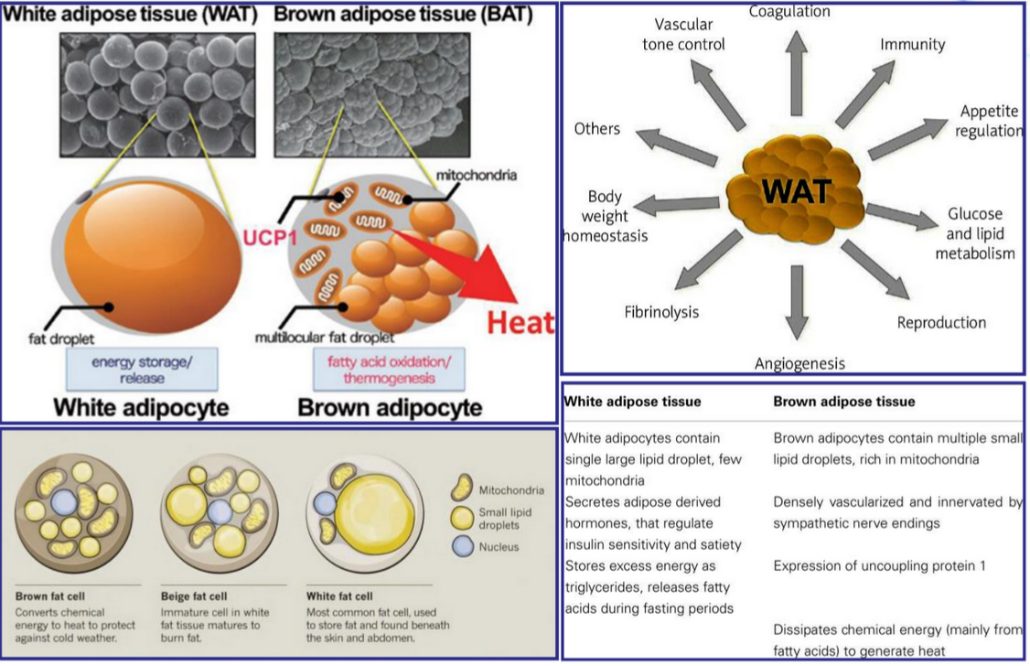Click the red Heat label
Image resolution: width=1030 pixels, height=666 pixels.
(520, 322)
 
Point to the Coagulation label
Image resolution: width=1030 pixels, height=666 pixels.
(789, 11)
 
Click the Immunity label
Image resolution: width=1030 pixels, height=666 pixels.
(912, 44)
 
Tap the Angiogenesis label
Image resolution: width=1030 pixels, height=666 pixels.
(799, 363)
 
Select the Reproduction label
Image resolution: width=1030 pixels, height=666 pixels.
(941, 322)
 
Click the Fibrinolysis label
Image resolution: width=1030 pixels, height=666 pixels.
(661, 312)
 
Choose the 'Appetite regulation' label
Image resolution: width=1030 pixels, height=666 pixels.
(990, 121)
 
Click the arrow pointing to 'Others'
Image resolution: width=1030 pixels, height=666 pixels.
(677, 147)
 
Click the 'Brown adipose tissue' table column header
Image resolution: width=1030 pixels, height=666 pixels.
(843, 401)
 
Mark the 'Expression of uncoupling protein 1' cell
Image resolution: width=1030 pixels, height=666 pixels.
(879, 565)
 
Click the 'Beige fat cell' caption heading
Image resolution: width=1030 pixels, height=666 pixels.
(194, 596)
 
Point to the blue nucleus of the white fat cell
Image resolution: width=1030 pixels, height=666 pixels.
(325, 502)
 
